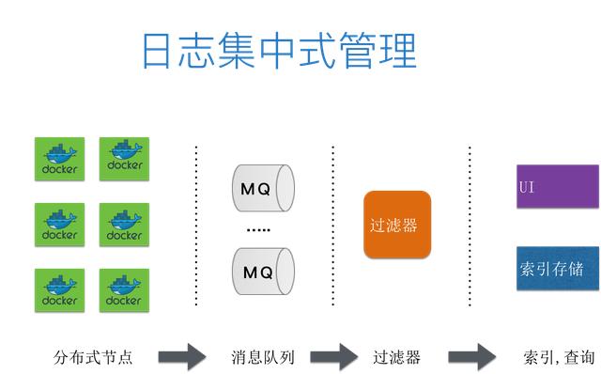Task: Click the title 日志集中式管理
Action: [x=279, y=51]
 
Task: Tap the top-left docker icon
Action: [x=59, y=160]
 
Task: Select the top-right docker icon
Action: [x=124, y=160]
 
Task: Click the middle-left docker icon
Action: [x=59, y=226]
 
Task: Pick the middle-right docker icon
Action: [x=124, y=226]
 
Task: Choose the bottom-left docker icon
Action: [x=59, y=291]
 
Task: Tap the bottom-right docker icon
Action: [x=124, y=291]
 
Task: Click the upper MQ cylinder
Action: [x=262, y=188]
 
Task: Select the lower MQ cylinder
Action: [x=262, y=272]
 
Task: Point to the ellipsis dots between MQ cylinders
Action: [x=257, y=230]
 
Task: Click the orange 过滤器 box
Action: [x=397, y=226]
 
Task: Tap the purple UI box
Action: [x=557, y=187]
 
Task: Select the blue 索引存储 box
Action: [x=557, y=269]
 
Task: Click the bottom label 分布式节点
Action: [x=93, y=357]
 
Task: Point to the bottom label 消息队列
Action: [x=263, y=357]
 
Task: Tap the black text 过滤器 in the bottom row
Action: [x=396, y=357]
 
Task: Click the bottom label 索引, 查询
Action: [x=558, y=357]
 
